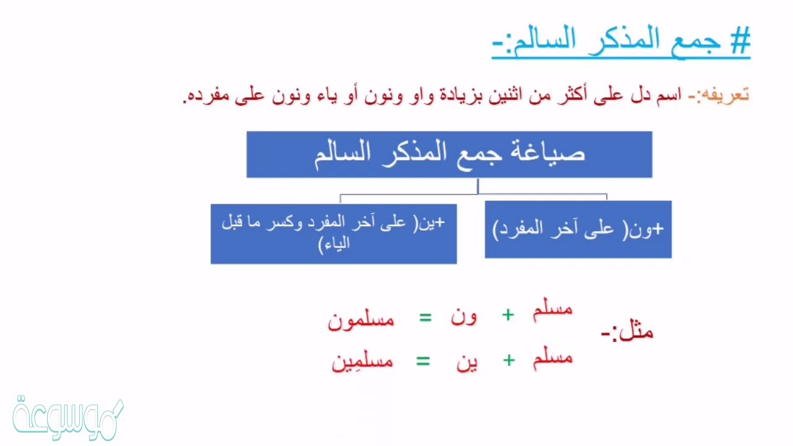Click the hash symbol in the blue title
pos(740,40)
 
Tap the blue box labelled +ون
pos(578,229)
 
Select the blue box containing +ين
pos(333,234)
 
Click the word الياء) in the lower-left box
pos(334,244)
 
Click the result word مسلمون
pos(361,320)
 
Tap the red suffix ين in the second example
pos(467,362)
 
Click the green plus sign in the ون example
pos(508,315)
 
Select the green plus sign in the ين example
pos(509,361)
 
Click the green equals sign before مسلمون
pos(425,318)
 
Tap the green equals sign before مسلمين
pos(423,361)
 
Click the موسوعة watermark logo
pos(68,418)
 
